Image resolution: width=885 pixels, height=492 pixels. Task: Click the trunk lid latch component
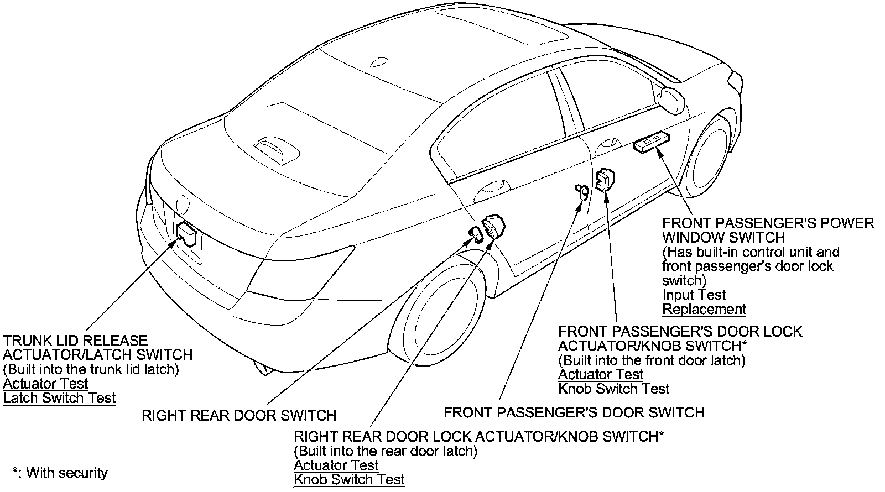(x=186, y=234)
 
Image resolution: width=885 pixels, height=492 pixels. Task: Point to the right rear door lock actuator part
(x=493, y=227)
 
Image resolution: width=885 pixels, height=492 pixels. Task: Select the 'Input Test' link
(x=694, y=295)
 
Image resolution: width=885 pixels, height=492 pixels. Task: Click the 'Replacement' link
(x=704, y=309)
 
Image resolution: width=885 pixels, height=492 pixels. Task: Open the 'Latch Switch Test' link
(x=59, y=398)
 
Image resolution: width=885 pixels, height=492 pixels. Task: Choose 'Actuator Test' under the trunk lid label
(x=45, y=384)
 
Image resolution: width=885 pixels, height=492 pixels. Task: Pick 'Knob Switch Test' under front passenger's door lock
(x=613, y=389)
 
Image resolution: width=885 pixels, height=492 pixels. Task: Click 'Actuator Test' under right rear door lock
(x=336, y=465)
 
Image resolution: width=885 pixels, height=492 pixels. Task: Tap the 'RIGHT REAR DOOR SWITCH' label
(x=239, y=416)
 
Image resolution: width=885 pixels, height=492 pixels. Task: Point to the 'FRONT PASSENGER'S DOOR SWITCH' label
(x=574, y=412)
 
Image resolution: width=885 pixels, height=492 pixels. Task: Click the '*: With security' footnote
(x=60, y=473)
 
